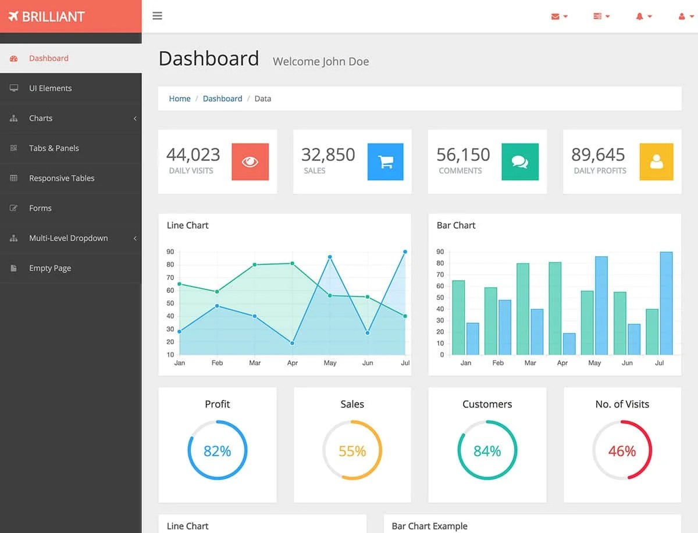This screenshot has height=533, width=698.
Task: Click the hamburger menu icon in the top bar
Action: click(x=157, y=16)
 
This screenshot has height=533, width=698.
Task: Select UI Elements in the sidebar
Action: click(x=50, y=88)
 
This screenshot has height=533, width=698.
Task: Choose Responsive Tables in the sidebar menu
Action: click(x=62, y=178)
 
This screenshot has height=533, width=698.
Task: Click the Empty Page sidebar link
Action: click(x=50, y=269)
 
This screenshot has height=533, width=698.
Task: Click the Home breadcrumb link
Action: click(x=180, y=99)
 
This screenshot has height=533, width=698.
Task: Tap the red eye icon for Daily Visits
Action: click(x=250, y=162)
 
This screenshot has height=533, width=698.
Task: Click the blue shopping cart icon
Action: click(x=385, y=162)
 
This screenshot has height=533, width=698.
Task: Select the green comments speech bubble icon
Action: click(x=520, y=162)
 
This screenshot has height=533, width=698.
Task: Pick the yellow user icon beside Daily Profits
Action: click(x=656, y=162)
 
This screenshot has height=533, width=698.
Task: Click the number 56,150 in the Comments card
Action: click(x=463, y=155)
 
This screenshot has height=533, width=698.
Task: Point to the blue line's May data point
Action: click(x=330, y=257)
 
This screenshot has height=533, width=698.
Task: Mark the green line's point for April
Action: click(x=292, y=263)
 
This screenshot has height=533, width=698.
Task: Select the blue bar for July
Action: click(x=666, y=303)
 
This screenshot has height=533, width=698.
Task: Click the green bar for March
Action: click(x=523, y=309)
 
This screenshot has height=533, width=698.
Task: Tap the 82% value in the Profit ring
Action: click(x=218, y=451)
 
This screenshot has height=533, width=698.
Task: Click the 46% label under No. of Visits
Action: click(x=622, y=451)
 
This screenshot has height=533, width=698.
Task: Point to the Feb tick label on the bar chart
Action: click(x=498, y=363)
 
